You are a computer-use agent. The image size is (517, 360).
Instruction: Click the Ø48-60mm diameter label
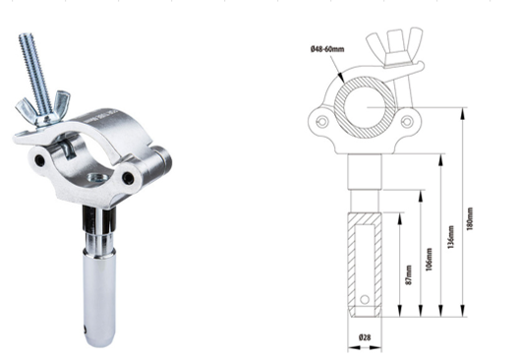pyautogui.click(x=327, y=49)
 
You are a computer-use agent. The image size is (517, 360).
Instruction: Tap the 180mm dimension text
pyautogui.click(x=470, y=218)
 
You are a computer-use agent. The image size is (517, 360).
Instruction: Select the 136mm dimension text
pyautogui.click(x=451, y=237)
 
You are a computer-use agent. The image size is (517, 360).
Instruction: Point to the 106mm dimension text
pyautogui.click(x=429, y=260)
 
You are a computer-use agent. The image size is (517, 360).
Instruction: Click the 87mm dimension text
pyautogui.click(x=409, y=275)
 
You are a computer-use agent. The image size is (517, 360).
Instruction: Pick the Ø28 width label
pyautogui.click(x=365, y=337)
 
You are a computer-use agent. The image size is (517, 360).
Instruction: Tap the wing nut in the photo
pyautogui.click(x=43, y=109)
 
